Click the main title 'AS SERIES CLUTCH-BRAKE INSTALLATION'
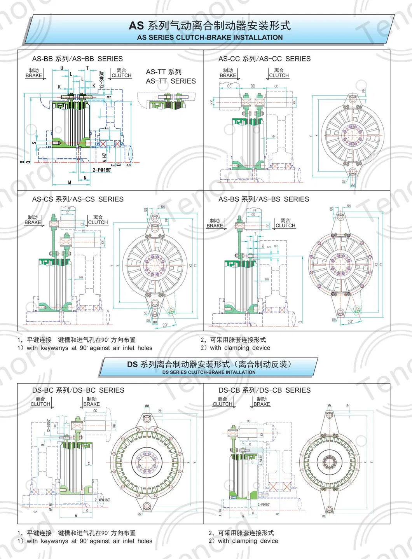[x=210, y=37]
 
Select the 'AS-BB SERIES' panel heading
[x=77, y=59]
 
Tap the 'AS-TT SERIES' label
[x=171, y=81]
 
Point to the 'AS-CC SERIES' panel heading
[x=264, y=59]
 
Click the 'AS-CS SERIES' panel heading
[x=78, y=199]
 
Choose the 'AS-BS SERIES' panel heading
[x=264, y=199]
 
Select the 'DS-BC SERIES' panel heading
[x=78, y=390]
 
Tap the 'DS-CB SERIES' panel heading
[x=264, y=390]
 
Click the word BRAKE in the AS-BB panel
[x=34, y=75]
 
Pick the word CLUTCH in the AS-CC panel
[x=279, y=75]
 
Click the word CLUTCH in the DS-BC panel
[x=40, y=404]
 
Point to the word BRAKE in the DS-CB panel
[x=262, y=404]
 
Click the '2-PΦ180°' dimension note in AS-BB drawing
[x=102, y=170]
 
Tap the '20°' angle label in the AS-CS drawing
[x=165, y=325]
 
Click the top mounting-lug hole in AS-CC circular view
[x=353, y=99]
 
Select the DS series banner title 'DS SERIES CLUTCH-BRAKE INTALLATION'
[x=209, y=372]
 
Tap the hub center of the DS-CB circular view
[x=330, y=462]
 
